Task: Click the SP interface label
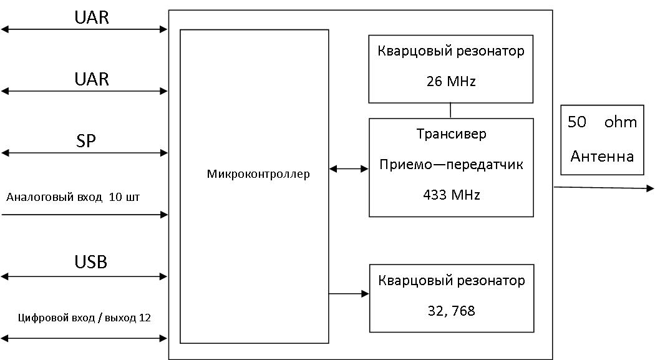[x=85, y=141]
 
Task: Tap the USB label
[x=90, y=262]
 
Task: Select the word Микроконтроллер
[x=258, y=173]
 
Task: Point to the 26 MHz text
[x=451, y=81]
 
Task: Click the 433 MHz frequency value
[x=452, y=195]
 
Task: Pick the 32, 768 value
[x=452, y=311]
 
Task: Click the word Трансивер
[x=452, y=134]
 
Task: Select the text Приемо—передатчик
[x=451, y=165]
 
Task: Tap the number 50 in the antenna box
[x=577, y=122]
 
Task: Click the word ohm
[x=621, y=122]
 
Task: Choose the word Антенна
[x=602, y=156]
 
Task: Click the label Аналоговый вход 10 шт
[x=73, y=197]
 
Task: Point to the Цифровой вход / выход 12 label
[x=84, y=318]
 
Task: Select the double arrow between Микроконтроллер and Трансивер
[x=349, y=168]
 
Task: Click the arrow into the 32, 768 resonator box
[x=349, y=294]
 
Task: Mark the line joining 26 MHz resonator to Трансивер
[x=450, y=110]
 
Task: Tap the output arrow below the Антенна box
[x=604, y=188]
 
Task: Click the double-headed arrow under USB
[x=84, y=276]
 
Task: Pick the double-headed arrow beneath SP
[x=84, y=153]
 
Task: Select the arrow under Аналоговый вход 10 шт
[x=85, y=215]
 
